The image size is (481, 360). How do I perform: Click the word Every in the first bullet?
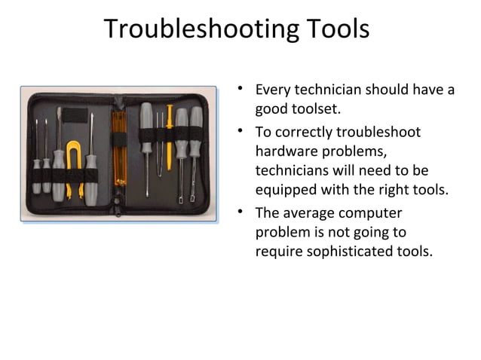pyautogui.click(x=273, y=90)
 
